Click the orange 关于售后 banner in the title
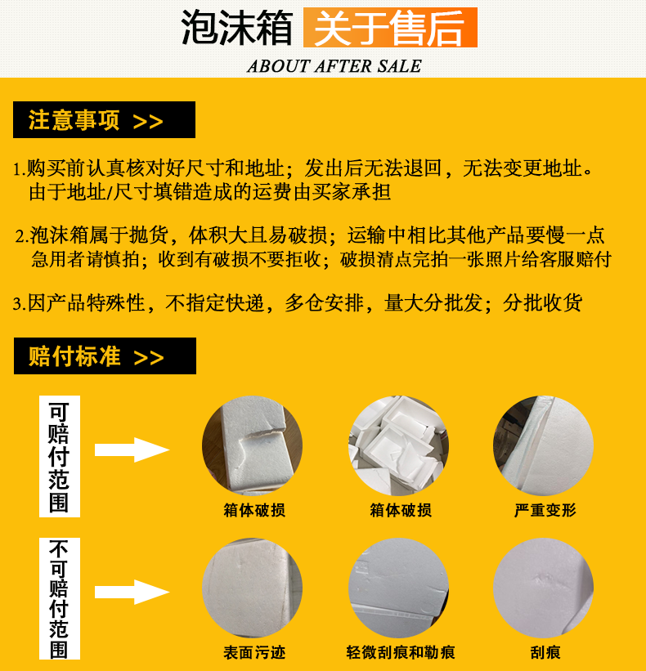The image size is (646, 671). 390,27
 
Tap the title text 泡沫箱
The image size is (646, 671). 237,28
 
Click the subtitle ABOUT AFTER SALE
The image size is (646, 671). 334,66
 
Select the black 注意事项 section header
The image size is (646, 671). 104,120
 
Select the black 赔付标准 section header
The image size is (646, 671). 105,356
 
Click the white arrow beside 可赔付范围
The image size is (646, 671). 132,450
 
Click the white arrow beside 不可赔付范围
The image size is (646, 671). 132,593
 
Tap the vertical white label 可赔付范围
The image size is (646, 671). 60,456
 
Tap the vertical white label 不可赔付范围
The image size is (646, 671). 60,599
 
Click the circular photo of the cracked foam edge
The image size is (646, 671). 252,445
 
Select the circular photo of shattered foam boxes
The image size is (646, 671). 398,445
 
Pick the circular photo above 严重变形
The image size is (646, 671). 543,445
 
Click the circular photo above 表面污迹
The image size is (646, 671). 252,588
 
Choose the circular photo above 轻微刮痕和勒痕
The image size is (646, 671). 398,588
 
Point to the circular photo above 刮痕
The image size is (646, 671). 543,588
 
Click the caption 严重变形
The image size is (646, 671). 545,510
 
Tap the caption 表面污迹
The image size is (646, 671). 254,652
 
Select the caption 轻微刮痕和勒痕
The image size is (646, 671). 401,652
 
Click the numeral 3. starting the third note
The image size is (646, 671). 20,304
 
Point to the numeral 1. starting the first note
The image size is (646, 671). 20,169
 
